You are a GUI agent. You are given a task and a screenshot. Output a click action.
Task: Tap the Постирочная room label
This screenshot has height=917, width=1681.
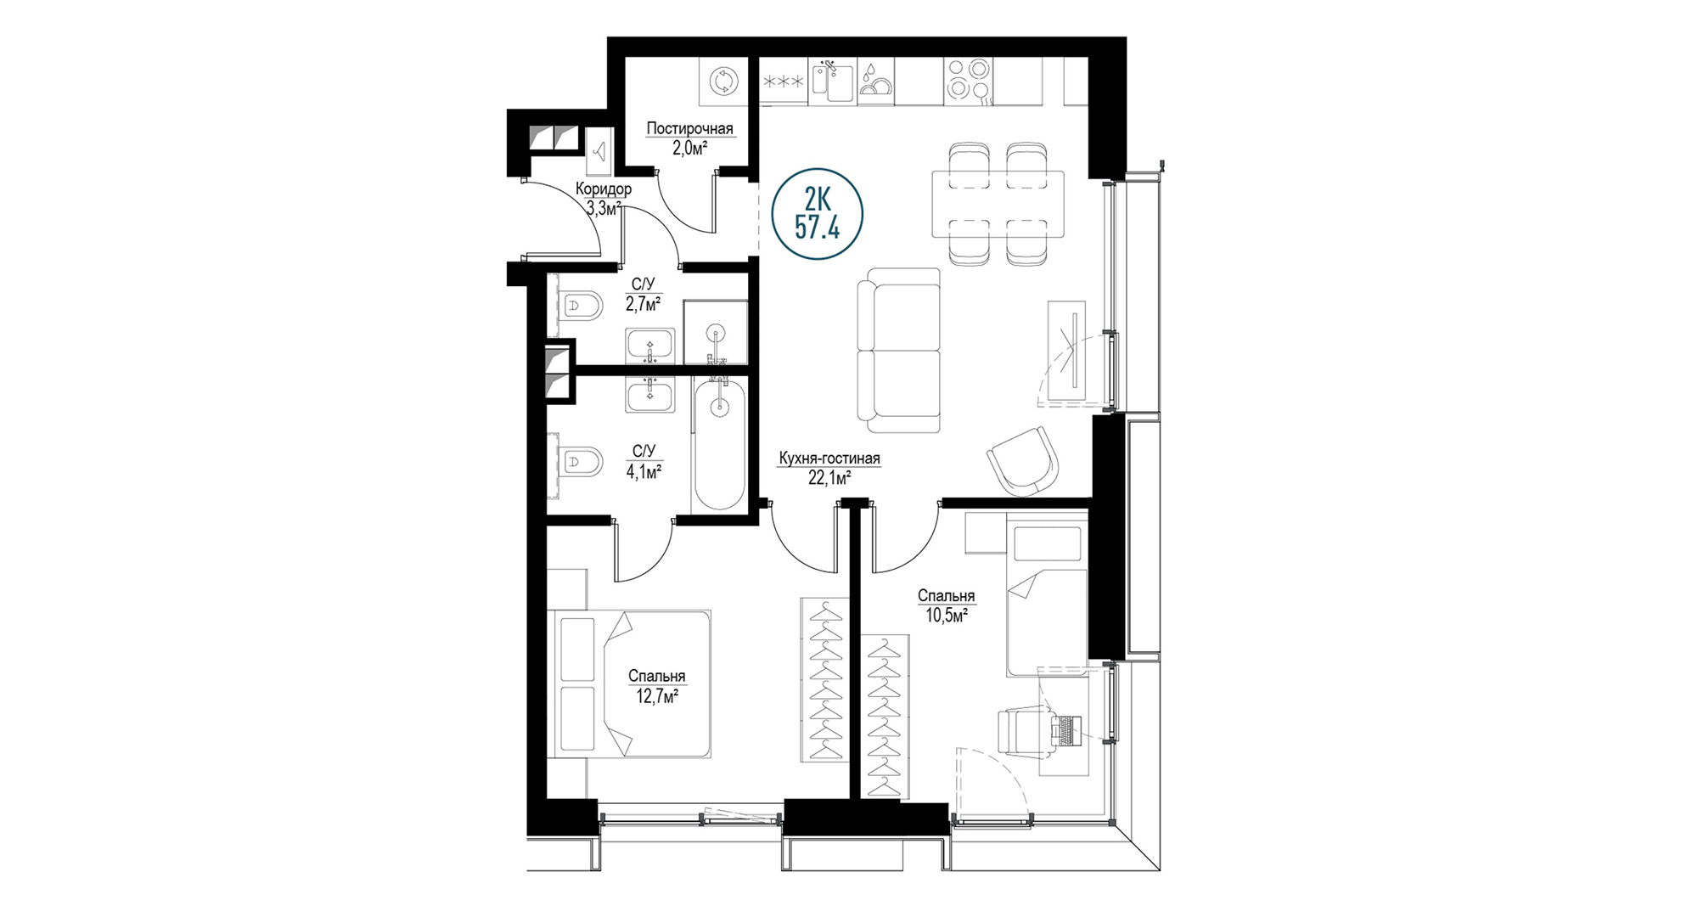tap(689, 129)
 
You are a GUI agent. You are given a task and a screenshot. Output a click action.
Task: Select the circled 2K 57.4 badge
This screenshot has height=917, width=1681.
tap(817, 214)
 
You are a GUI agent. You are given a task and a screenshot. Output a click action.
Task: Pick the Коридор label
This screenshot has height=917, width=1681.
tap(603, 189)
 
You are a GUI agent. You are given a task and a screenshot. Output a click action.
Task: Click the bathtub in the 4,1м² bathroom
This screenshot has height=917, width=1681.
tap(719, 444)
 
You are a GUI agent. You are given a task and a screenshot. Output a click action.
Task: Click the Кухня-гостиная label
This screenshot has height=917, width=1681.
tap(829, 459)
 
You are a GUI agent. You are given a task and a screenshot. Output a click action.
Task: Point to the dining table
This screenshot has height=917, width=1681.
tap(998, 204)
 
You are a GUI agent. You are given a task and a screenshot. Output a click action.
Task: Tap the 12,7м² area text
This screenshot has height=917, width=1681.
tap(657, 696)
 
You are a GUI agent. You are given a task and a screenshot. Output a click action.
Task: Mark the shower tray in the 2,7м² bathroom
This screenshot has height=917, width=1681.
tap(716, 332)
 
